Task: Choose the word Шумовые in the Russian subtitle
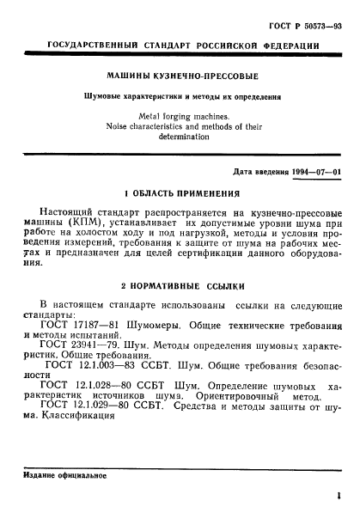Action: click(107, 95)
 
